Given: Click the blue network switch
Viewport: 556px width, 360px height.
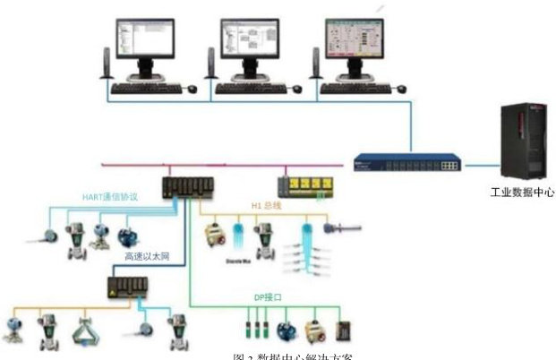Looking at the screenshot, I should click(x=407, y=164).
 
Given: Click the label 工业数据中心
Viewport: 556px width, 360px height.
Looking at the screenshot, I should click(x=522, y=193).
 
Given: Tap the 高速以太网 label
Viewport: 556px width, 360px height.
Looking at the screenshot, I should click(x=148, y=256).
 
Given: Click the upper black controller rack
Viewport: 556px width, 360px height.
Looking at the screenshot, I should click(x=186, y=188).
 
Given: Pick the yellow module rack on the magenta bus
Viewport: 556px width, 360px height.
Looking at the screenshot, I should click(x=307, y=185).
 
